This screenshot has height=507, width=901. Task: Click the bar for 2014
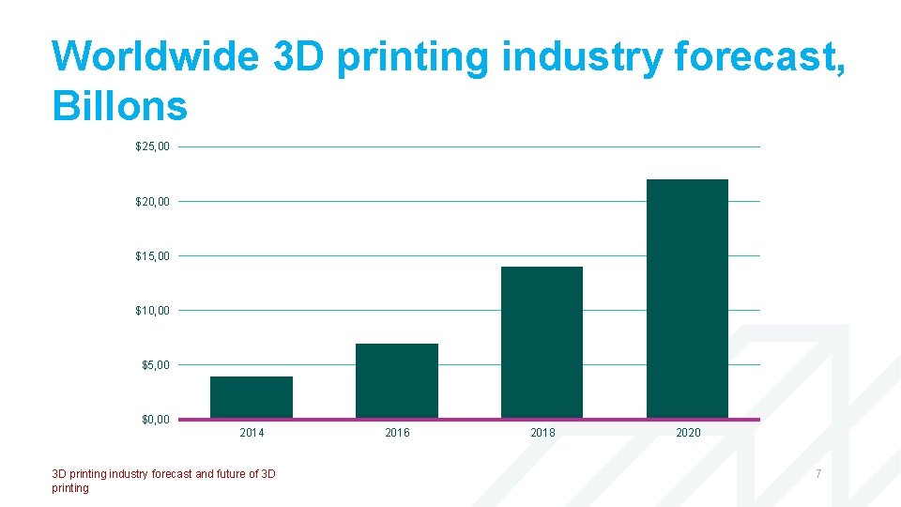pos(252,397)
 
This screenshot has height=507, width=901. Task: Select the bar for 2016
pos(397,381)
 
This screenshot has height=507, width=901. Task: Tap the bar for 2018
pos(542,343)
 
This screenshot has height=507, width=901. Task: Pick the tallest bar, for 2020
pos(687,299)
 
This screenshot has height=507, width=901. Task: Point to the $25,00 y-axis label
pos(152,146)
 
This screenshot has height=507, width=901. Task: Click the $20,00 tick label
pos(152,201)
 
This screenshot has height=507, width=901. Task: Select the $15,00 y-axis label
pos(152,255)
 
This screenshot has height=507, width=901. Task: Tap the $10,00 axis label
pos(152,310)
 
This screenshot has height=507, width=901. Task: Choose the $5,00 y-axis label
pos(155,364)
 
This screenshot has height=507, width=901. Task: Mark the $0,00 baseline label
pos(155,419)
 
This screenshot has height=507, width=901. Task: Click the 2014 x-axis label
pos(252,433)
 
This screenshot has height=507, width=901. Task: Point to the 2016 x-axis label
pos(397,433)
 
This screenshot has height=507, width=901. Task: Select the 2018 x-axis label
pos(542,433)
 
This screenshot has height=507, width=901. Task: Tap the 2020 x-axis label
pos(688,433)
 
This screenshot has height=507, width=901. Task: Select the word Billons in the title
pos(120,106)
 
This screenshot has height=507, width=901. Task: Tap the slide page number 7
pos(818,474)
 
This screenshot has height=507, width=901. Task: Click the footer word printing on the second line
pos(70,488)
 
